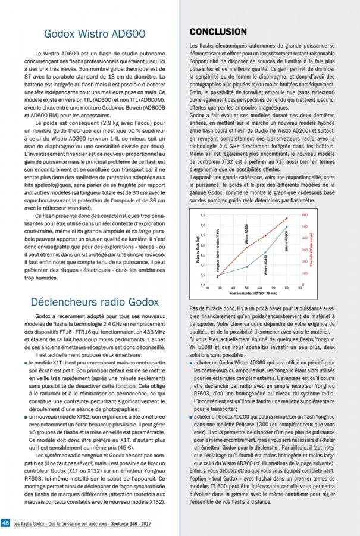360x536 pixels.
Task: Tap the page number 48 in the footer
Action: coord(5,522)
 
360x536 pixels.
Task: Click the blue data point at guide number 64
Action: coord(265,253)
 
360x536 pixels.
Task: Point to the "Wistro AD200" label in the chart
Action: coord(246,232)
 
